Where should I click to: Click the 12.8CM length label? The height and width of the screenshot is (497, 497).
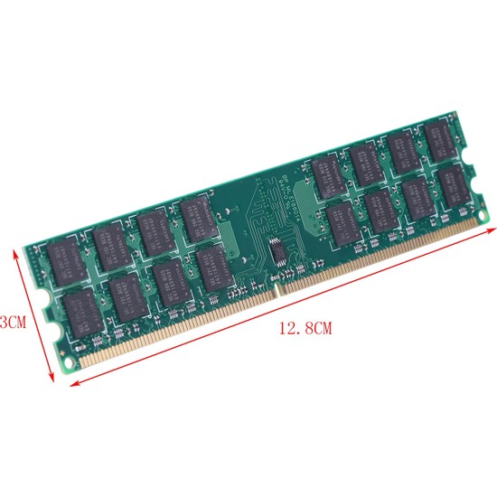tap(306, 330)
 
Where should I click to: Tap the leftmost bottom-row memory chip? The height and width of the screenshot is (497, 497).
tap(82, 309)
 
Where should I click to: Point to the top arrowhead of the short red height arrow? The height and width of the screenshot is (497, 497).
tap(14, 254)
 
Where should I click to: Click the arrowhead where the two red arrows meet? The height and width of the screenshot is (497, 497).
tap(70, 383)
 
